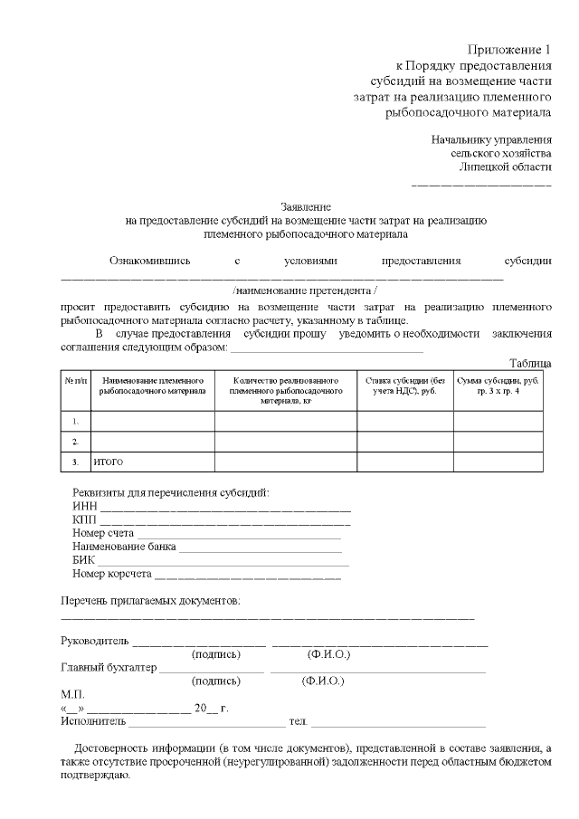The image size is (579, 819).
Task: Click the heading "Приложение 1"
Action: point(509,48)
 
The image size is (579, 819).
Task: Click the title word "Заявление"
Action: point(306,206)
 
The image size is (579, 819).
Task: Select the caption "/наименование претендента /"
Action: point(304,290)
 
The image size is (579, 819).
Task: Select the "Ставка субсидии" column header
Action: point(404,386)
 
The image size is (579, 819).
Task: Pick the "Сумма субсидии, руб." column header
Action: point(498,386)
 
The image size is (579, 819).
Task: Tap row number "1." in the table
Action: point(75,421)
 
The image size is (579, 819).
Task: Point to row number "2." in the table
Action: point(75,442)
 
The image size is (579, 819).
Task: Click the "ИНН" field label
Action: point(84,507)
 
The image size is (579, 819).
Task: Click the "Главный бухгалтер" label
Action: point(108,668)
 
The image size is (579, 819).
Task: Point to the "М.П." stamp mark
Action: point(72,694)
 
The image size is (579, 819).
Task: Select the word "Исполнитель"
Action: point(93,721)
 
